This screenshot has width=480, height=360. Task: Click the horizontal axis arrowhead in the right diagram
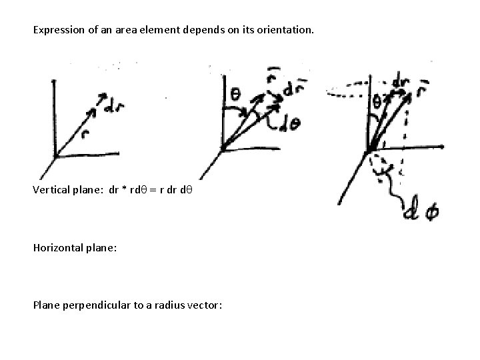click(x=443, y=145)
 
